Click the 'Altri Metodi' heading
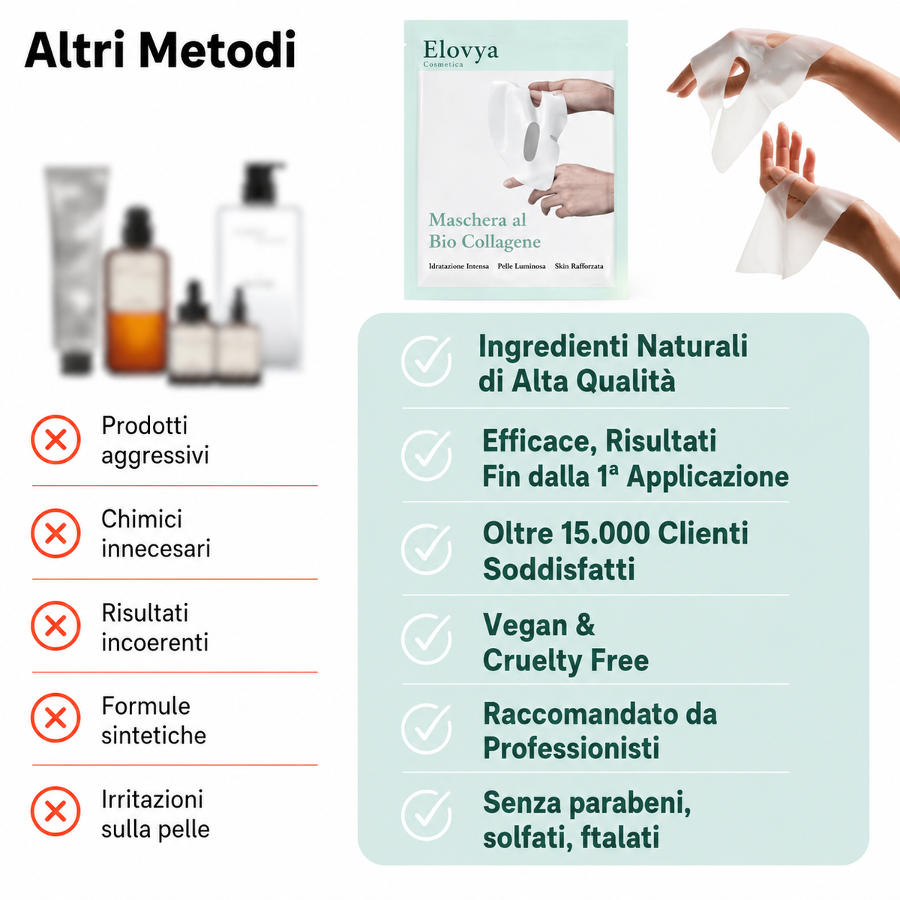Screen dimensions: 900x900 tap(160, 49)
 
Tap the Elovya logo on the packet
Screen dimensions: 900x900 tap(460, 52)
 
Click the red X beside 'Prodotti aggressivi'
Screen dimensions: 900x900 tap(55, 439)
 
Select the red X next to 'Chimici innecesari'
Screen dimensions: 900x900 tap(55, 533)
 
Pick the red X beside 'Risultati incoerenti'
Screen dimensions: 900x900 tap(55, 625)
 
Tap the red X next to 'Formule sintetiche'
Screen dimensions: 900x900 tap(55, 718)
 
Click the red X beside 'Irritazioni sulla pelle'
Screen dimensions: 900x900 tap(55, 811)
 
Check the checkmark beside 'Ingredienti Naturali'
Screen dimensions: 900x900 tap(426, 361)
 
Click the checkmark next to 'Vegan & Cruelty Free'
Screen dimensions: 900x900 tap(426, 640)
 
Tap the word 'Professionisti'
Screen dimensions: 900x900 tap(571, 748)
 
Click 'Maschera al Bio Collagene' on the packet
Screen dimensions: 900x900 tap(484, 231)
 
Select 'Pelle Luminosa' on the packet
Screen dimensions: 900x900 tap(521, 266)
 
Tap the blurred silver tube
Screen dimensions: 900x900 tap(76, 268)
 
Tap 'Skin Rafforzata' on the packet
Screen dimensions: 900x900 tap(579, 266)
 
